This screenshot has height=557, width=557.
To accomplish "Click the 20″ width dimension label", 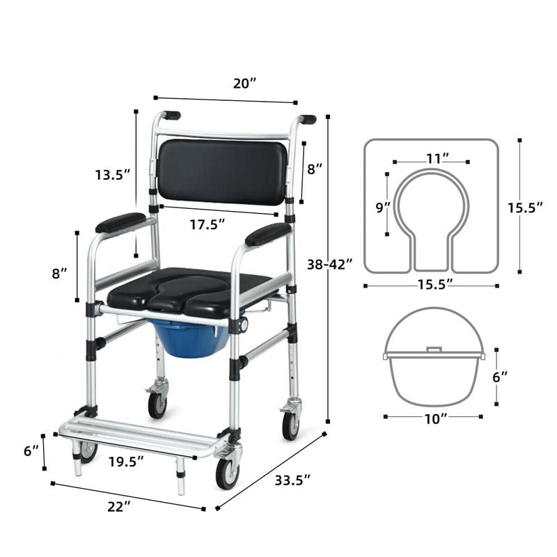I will click(x=245, y=84).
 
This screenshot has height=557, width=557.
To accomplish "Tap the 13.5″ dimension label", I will click(x=113, y=175).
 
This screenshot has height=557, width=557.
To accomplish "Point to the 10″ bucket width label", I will click(x=434, y=418).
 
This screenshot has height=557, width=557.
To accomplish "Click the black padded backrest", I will click(x=223, y=171).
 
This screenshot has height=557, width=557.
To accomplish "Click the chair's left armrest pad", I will click(x=120, y=223).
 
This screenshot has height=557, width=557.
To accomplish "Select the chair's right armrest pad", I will click(x=267, y=234).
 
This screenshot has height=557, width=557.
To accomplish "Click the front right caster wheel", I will click(x=227, y=472).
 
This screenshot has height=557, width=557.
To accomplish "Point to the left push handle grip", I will click(x=171, y=115).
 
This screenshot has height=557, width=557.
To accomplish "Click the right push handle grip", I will click(x=307, y=119).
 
